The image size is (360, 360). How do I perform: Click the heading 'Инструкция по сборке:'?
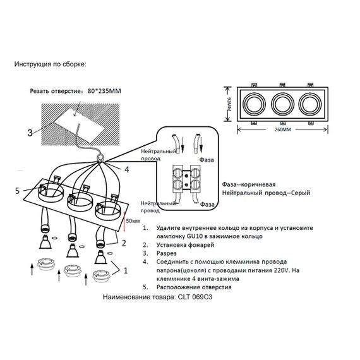[49, 64]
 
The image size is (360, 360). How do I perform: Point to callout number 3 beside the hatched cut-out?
[29, 133]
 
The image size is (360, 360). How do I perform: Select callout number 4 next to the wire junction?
[126, 169]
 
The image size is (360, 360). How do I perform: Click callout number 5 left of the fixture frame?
[18, 189]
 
